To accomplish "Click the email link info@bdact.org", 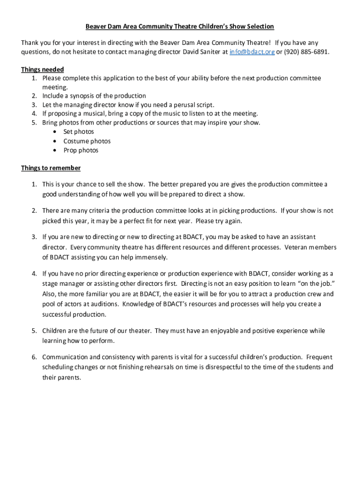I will [252, 51].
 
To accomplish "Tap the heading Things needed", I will [43, 69].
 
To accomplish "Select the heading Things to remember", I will [51, 168].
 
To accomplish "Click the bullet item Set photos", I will [79, 132].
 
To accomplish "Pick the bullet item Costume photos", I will [87, 141].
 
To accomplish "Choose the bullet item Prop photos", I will [81, 150].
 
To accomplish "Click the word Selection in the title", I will [258, 27].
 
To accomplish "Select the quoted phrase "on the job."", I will [306, 283].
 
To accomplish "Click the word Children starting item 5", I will [55, 331].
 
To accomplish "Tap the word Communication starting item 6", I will [65, 357].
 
